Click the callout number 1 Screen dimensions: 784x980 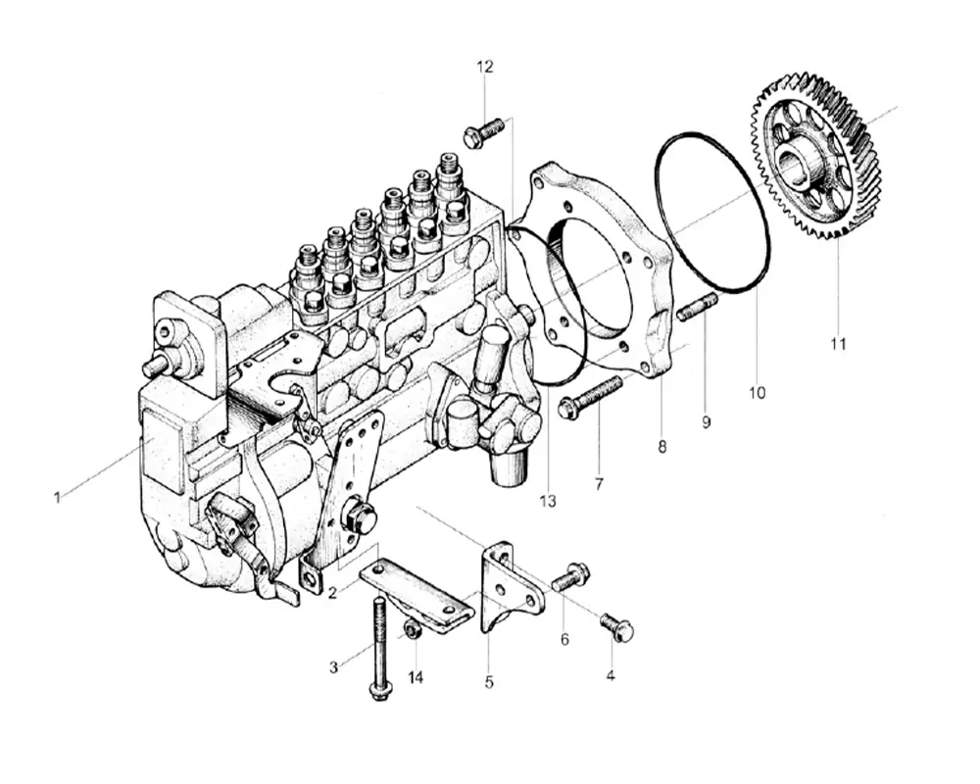coord(57,498)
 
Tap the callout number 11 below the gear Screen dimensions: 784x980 coord(838,344)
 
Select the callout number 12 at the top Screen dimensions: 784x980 coord(485,67)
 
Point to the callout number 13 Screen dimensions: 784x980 coord(547,501)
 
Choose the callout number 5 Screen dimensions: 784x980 coord(489,680)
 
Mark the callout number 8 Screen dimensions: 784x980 coord(662,447)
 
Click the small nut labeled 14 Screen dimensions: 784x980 coord(413,629)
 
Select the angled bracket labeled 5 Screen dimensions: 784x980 coord(510,588)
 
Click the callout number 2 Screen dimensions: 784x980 coord(333,593)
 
